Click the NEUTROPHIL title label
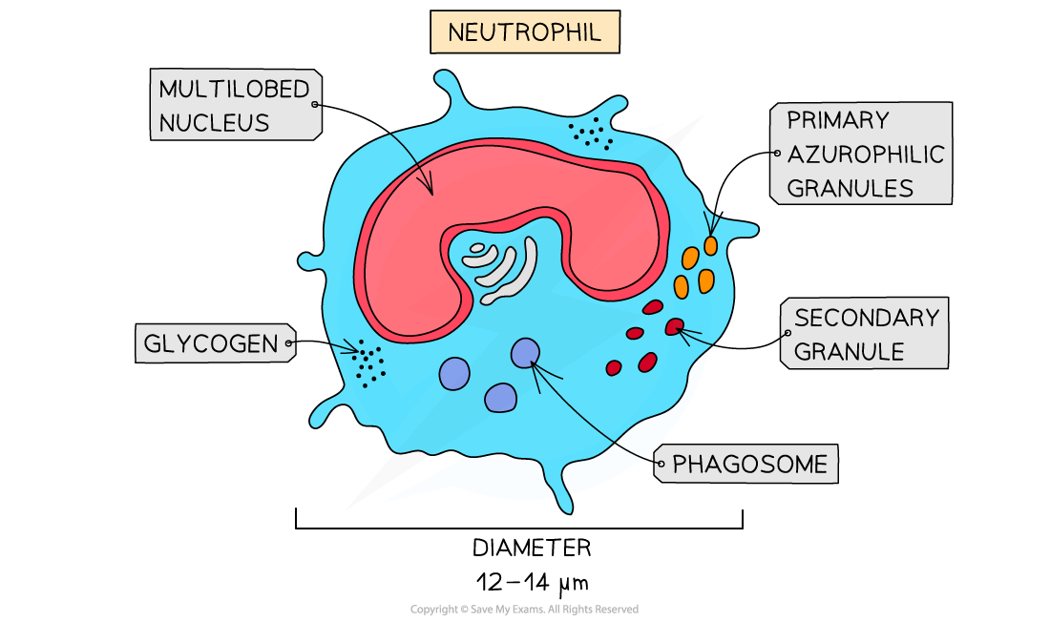524,32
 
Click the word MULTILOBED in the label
234,90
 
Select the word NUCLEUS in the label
214,123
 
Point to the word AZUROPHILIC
865,155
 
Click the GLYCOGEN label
210,343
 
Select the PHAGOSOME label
749,465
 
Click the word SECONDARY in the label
866,318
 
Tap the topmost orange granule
710,245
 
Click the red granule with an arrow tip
674,326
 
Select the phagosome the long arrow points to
525,353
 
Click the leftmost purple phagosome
454,373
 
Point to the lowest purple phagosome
500,397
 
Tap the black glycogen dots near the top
591,135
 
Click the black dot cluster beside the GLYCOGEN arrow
367,363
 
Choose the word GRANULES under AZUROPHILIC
850,188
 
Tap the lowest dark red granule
614,367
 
